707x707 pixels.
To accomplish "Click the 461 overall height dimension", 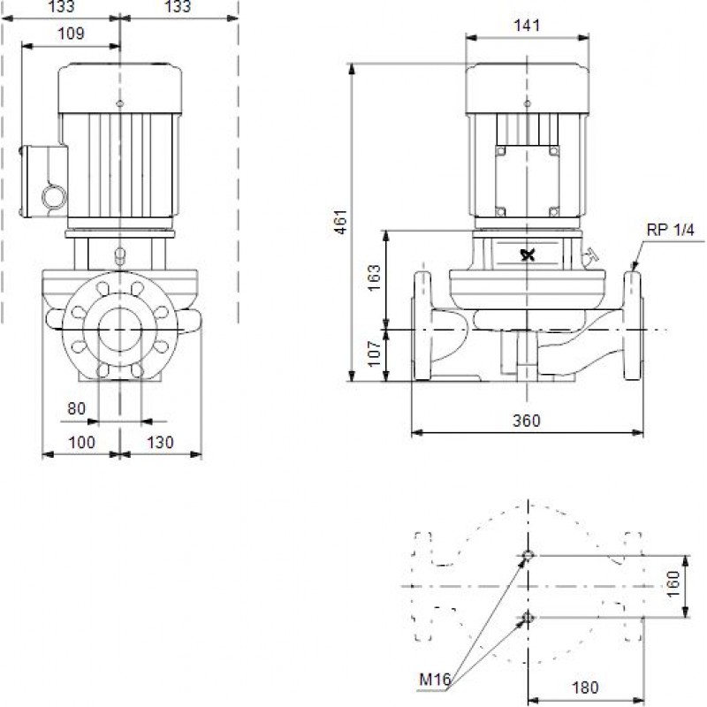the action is pyautogui.click(x=342, y=222).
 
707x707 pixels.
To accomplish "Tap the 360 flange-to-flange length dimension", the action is pyautogui.click(x=526, y=421).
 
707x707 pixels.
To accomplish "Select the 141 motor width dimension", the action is pyautogui.click(x=527, y=26).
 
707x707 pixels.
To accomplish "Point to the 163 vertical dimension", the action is pyautogui.click(x=374, y=277).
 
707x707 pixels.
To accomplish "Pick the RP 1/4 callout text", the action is pyautogui.click(x=671, y=230).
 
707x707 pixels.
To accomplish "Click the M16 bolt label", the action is pyautogui.click(x=435, y=679).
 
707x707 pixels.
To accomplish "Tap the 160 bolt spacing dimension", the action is pyautogui.click(x=673, y=584).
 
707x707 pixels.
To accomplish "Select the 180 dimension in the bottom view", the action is pyautogui.click(x=585, y=688).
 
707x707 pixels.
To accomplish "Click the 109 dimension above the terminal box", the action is pyautogui.click(x=71, y=34).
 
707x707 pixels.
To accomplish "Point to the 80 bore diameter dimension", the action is pyautogui.click(x=76, y=408).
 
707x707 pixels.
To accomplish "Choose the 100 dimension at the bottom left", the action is pyautogui.click(x=81, y=443).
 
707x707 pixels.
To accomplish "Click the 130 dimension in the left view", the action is pyautogui.click(x=160, y=443).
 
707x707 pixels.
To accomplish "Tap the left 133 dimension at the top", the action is pyautogui.click(x=61, y=6).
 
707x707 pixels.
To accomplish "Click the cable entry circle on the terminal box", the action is pyautogui.click(x=54, y=197).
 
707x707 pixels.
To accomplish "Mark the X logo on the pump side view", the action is pyautogui.click(x=528, y=255).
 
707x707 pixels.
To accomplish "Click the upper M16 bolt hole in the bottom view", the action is pyautogui.click(x=528, y=555).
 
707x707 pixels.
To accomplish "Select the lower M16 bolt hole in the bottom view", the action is pyautogui.click(x=528, y=617).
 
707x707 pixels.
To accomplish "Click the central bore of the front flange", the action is pyautogui.click(x=120, y=330).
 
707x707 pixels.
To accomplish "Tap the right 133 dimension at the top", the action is pyautogui.click(x=178, y=6).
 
